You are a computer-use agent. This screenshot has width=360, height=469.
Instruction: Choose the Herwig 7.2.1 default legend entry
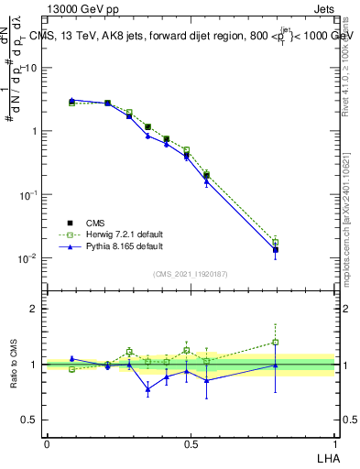115,234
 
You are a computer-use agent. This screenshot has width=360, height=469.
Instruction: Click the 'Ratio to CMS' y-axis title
15,364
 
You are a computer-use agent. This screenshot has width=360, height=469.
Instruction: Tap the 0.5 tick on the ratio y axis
30,420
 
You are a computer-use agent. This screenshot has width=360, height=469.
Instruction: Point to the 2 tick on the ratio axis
35,309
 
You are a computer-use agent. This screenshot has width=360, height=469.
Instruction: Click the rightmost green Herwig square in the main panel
275,242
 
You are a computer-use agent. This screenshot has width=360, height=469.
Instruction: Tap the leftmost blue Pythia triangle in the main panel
71,100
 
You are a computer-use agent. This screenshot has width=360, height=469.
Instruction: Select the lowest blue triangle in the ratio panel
147,389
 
